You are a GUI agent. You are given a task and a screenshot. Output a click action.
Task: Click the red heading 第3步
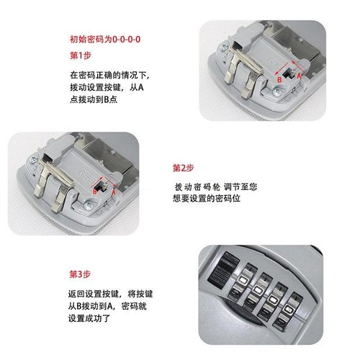coord(80,274)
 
